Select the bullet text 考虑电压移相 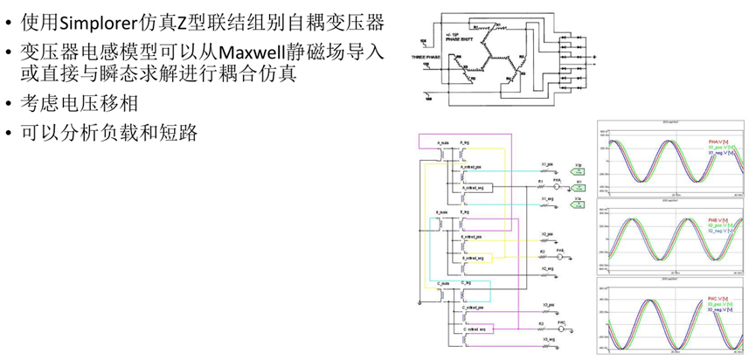[x=71, y=103]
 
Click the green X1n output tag [x=578, y=200]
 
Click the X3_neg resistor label [x=548, y=338]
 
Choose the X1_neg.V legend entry [x=719, y=152]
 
